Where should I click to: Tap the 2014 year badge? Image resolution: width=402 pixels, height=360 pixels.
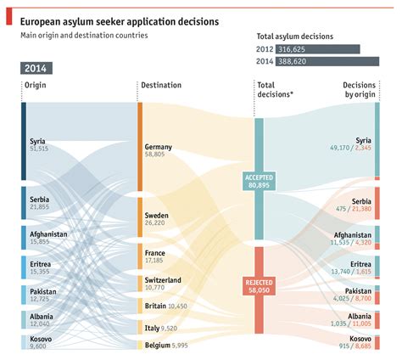click(x=36, y=68)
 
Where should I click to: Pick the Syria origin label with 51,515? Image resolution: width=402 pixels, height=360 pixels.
click(x=39, y=144)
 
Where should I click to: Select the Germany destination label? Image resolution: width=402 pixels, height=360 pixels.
click(x=159, y=151)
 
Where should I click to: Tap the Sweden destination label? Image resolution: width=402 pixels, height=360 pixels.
click(x=157, y=220)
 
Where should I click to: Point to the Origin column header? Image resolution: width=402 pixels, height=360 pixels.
click(x=36, y=86)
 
